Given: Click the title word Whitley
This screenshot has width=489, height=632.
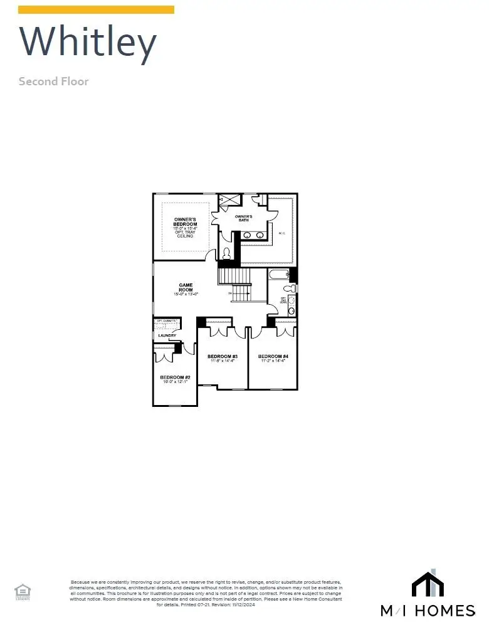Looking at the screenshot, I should click(88, 43).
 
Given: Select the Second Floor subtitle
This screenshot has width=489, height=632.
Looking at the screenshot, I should click(53, 82).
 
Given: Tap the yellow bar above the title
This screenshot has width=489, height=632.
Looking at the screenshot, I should click(96, 9).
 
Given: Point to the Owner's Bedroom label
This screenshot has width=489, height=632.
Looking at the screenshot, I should click(185, 222).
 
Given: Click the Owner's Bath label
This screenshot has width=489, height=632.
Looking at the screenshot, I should click(243, 218).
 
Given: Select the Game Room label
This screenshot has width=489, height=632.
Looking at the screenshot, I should click(186, 287).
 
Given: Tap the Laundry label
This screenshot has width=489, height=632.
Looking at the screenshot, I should click(167, 335).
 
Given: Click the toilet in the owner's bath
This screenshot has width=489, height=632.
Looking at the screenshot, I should click(226, 254).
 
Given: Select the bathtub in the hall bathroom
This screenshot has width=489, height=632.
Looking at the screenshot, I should click(278, 275).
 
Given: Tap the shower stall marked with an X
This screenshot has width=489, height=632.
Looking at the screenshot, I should click(229, 200).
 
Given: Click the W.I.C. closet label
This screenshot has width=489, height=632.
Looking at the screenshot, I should click(281, 233).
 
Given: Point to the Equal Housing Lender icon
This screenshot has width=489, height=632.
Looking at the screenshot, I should click(22, 591).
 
